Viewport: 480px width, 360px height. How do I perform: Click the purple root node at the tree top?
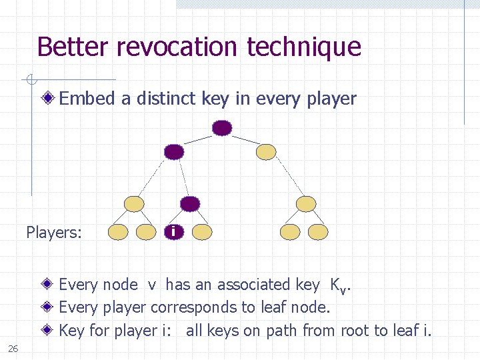(x=222, y=127)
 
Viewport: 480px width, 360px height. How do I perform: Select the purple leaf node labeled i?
(x=174, y=231)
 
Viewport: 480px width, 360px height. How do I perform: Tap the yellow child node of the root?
(x=267, y=152)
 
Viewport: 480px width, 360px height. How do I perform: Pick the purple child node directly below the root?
(x=174, y=152)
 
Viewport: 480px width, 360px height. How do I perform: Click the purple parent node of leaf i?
(x=190, y=203)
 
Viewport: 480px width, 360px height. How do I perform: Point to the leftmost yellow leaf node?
(x=118, y=231)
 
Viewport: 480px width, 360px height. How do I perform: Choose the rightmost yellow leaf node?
(x=319, y=231)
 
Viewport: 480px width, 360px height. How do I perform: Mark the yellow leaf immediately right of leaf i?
(x=202, y=231)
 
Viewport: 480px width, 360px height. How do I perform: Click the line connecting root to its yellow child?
(x=245, y=140)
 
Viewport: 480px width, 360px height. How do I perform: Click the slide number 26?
(x=13, y=348)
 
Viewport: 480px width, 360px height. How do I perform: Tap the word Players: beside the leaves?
(x=54, y=233)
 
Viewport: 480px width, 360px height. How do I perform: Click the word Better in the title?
(x=72, y=47)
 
